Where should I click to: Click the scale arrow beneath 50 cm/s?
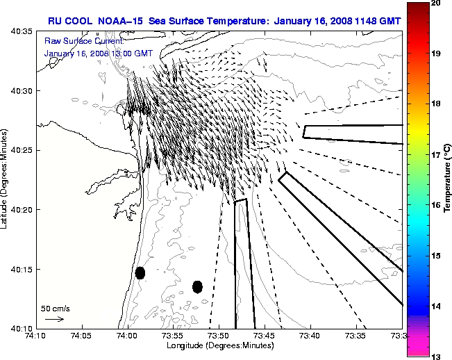coord(54,319)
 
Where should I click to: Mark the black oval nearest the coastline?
coord(140,272)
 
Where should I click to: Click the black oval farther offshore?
coord(197,286)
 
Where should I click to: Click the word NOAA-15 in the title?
coord(128,21)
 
